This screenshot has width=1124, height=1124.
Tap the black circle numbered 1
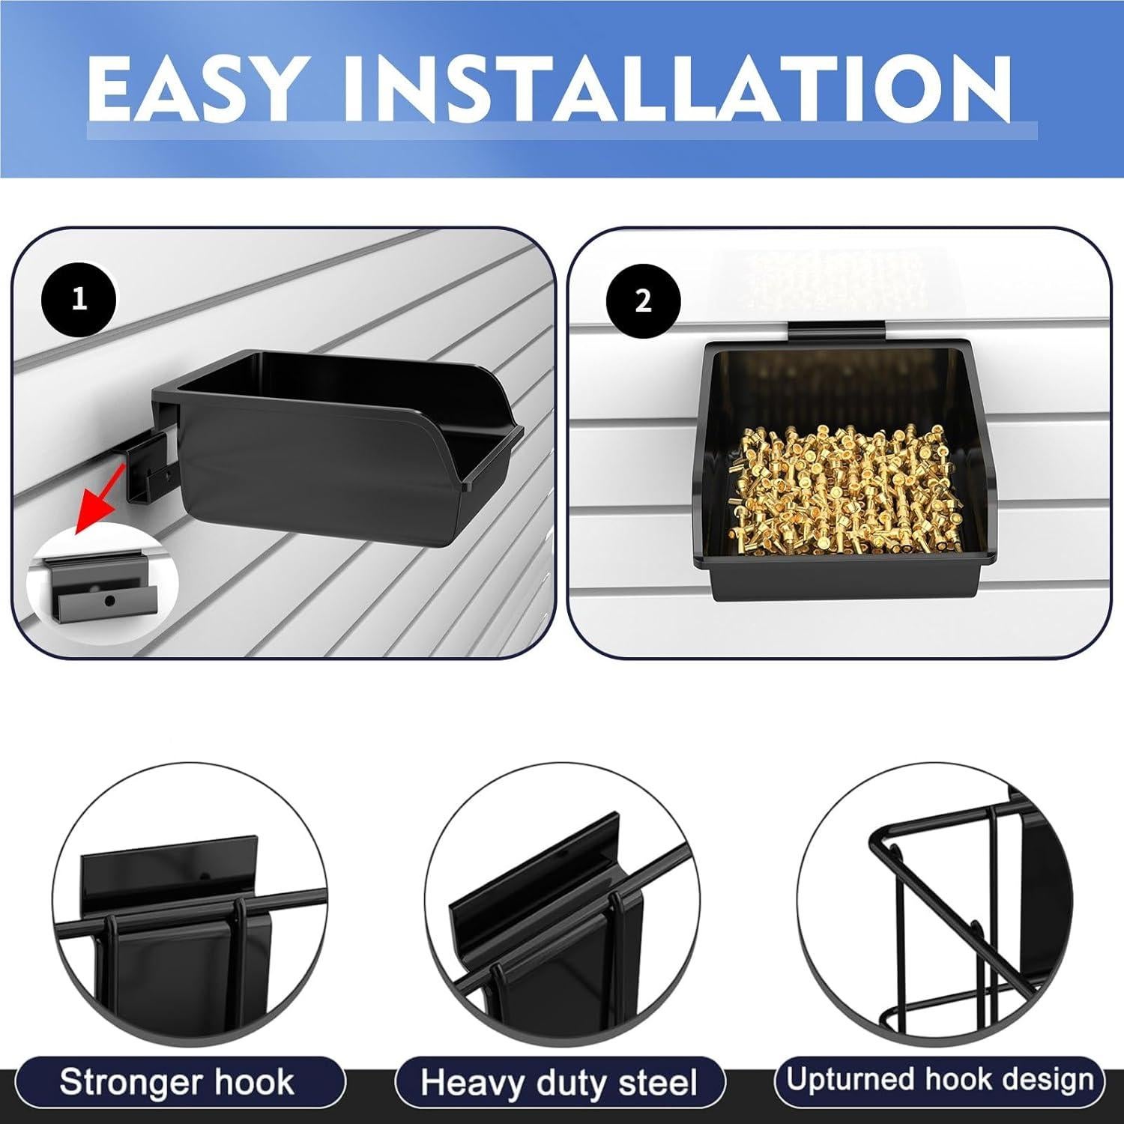[79, 301]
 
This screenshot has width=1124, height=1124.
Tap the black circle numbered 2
[643, 301]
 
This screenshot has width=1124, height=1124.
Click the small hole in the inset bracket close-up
[109, 600]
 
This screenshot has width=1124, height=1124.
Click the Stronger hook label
[177, 1083]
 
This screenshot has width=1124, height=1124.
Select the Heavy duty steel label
[559, 1083]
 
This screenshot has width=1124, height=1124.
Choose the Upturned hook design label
[940, 1080]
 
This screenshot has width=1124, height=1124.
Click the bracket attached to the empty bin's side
[154, 472]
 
